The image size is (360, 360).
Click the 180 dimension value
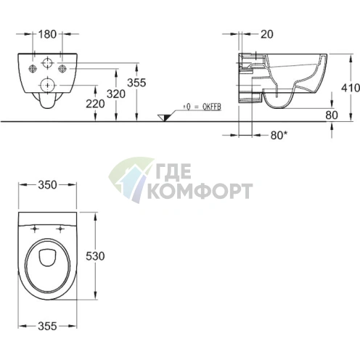47,34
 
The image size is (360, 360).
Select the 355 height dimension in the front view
136,83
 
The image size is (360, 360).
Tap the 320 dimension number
116,94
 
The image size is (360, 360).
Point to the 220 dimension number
95,104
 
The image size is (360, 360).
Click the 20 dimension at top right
267,34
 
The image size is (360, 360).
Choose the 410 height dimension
351,88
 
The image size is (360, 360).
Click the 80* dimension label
279,135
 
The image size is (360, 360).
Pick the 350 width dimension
47,185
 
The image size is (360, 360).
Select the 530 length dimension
95,256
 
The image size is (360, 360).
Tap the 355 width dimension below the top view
47,326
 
